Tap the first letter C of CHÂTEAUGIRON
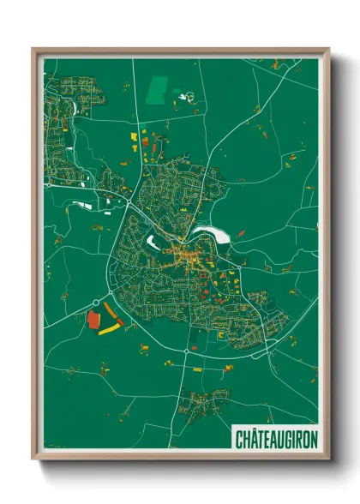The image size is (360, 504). click(239, 438)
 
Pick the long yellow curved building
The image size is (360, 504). click(109, 327)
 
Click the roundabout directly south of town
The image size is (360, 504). click(186, 352)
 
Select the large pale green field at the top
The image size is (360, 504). click(158, 87)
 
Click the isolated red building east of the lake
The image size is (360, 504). click(241, 232)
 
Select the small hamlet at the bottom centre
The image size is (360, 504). click(202, 399)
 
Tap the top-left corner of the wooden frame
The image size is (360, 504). click(33, 49)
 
